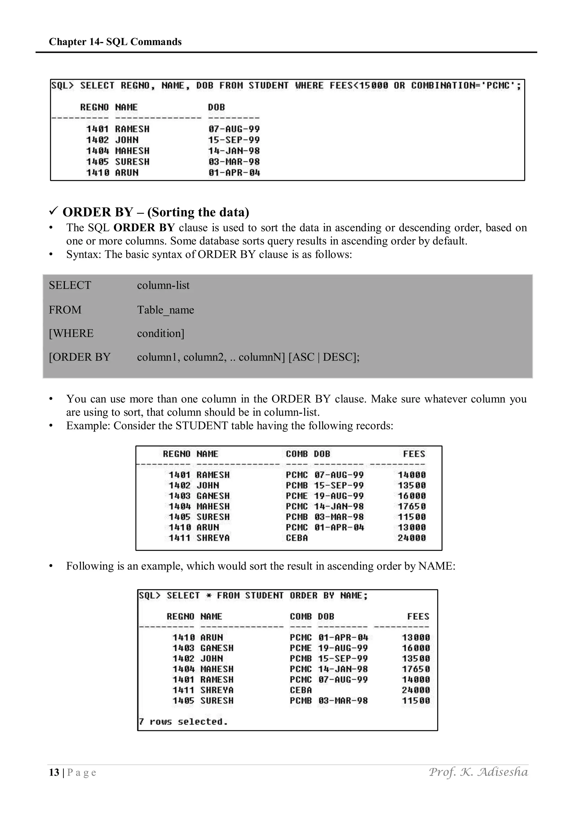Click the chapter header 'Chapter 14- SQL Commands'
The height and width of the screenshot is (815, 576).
click(x=115, y=42)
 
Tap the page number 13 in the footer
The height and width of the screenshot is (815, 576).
click(x=54, y=773)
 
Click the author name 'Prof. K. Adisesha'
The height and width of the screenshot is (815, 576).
click(x=478, y=772)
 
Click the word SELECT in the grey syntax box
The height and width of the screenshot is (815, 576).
click(x=70, y=285)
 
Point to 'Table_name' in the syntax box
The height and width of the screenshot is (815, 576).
click(x=165, y=310)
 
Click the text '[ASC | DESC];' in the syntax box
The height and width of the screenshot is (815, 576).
click(x=324, y=357)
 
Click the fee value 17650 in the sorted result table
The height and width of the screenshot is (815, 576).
click(x=416, y=669)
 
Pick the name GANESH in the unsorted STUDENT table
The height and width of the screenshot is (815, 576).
click(x=213, y=496)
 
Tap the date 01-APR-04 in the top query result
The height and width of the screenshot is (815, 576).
click(x=234, y=173)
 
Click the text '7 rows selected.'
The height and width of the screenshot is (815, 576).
click(x=183, y=722)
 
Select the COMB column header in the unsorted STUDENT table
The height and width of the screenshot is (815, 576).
click(x=297, y=454)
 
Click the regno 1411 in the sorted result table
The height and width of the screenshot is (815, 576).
click(x=183, y=690)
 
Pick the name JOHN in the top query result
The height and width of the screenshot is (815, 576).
click(x=127, y=140)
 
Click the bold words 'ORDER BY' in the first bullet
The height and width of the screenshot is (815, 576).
click(x=144, y=228)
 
